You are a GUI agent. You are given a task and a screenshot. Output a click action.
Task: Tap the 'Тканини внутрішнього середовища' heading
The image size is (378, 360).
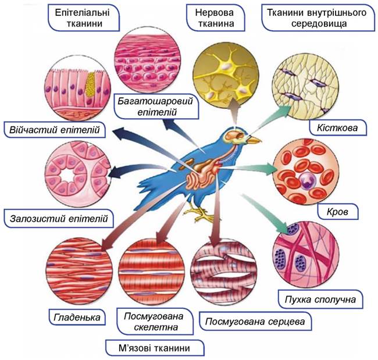click(309, 18)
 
